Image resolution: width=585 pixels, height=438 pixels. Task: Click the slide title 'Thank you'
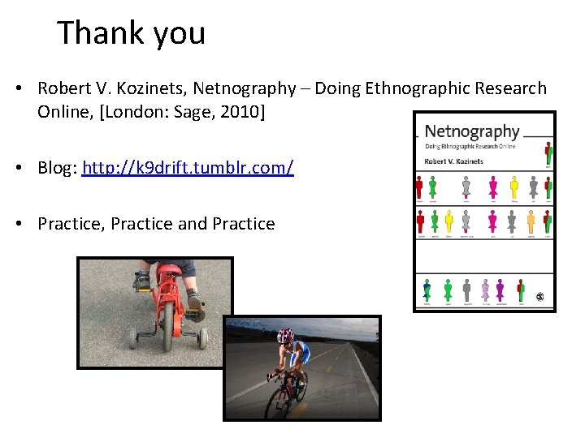coord(131,33)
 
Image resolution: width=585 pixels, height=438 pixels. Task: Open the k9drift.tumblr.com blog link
coord(188,168)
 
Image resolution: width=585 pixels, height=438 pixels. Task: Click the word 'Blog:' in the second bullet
coord(57,168)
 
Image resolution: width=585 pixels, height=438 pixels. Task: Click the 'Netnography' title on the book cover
coord(471,131)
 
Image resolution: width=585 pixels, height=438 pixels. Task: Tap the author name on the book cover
coord(453,161)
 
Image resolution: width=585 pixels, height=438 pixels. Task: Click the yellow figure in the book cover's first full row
coord(513,187)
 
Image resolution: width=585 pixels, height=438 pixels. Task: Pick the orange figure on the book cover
coord(531,221)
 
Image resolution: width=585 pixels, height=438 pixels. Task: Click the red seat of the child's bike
coord(167,271)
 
